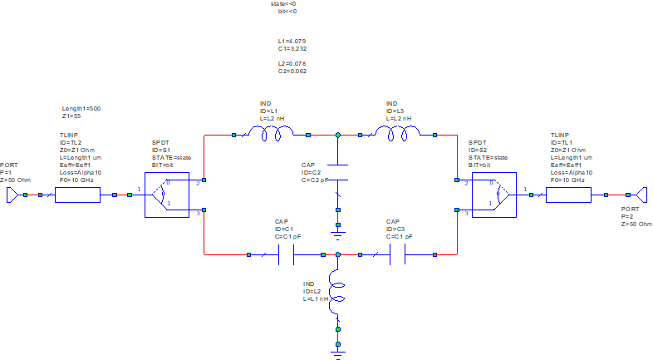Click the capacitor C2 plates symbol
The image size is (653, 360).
point(338,171)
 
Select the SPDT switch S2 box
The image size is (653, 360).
point(493,195)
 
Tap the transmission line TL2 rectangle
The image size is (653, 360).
point(77,195)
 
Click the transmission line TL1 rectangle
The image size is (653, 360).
point(568,195)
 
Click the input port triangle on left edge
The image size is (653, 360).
point(12,195)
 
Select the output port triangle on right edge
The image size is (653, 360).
point(641,195)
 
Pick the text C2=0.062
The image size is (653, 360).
point(292,72)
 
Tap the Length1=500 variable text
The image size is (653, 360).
point(81,109)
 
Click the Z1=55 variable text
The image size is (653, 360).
point(72,117)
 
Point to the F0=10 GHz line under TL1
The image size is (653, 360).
point(567,180)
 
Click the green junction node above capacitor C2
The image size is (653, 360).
point(338,134)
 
